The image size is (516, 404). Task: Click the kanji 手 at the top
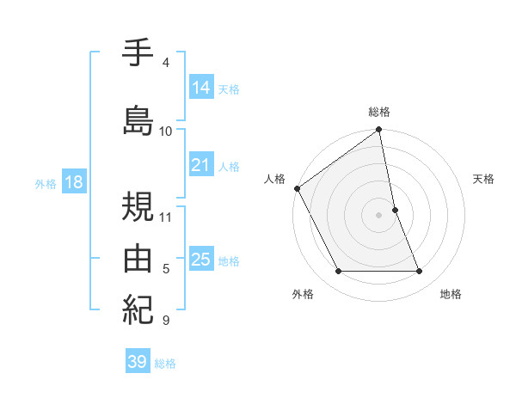[138, 54]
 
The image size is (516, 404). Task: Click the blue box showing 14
[200, 88]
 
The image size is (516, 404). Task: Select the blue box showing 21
[200, 165]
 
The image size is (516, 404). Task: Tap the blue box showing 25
[200, 260]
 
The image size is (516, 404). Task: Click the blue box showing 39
[137, 362]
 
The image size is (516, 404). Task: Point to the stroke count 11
[167, 217]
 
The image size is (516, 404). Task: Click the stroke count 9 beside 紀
[166, 321]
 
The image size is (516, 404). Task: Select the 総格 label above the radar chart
[379, 113]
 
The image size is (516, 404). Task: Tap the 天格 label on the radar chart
[484, 179]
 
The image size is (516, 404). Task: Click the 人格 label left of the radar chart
[274, 179]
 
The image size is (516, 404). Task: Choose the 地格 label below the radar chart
[451, 295]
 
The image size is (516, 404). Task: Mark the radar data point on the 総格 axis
[379, 131]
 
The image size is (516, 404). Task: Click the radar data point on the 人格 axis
[298, 188]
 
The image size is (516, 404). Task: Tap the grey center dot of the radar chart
[379, 215]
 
